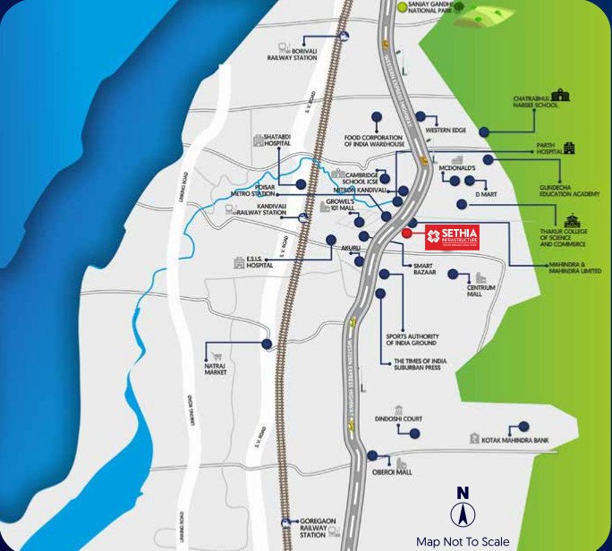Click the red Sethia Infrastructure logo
[453, 237]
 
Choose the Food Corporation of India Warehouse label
[375, 140]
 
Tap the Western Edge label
[446, 131]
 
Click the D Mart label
[485, 193]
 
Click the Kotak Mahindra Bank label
[514, 439]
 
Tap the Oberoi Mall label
[391, 471]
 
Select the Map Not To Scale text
[463, 541]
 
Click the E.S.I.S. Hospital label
[258, 263]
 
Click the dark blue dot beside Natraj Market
[266, 343]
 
